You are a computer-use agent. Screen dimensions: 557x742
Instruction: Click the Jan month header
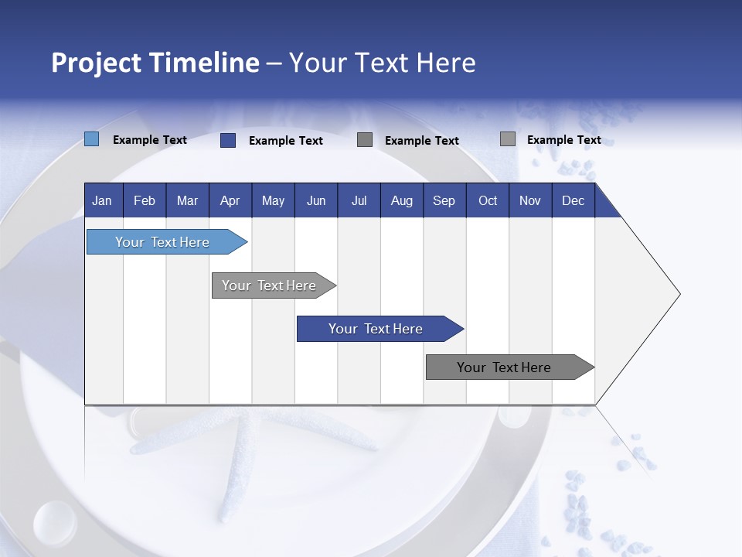[102, 200]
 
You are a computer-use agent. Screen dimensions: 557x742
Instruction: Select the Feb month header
[145, 200]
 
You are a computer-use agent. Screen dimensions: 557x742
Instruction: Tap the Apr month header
[230, 200]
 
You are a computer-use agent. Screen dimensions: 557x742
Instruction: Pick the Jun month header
[316, 200]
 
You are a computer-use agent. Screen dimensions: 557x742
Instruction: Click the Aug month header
[402, 200]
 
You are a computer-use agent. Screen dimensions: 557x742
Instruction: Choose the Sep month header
[444, 200]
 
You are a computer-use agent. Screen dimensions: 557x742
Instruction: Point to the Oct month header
[488, 200]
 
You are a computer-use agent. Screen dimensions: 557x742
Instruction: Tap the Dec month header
[573, 200]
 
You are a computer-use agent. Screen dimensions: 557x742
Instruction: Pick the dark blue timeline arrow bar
[376, 329]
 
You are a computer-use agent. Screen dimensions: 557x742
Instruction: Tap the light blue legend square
[92, 139]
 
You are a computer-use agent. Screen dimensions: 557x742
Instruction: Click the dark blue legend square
[228, 140]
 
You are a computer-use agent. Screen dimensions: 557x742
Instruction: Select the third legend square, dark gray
[365, 139]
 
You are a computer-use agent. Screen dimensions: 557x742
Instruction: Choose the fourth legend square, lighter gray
[508, 139]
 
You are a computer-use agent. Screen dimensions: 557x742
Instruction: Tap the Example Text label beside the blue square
[150, 140]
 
